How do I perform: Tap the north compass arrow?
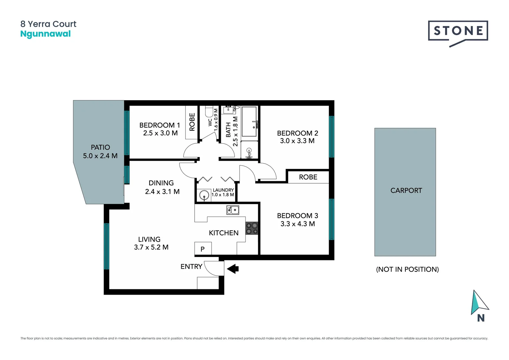[478, 303]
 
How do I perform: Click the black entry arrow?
[233, 269]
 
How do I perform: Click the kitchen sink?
[233, 210]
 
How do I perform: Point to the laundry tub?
[204, 195]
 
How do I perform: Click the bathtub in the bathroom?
[249, 122]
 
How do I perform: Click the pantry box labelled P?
[203, 249]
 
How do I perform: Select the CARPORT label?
[406, 190]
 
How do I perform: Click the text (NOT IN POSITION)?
[407, 269]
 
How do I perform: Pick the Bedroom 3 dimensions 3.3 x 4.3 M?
[297, 224]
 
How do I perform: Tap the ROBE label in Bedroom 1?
[192, 122]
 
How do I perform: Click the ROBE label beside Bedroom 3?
[308, 177]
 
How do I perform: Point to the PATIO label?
[100, 147]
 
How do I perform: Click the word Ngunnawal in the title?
[45, 34]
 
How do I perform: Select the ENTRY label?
[191, 266]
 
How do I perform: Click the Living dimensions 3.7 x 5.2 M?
[151, 247]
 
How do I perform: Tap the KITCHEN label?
[224, 233]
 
